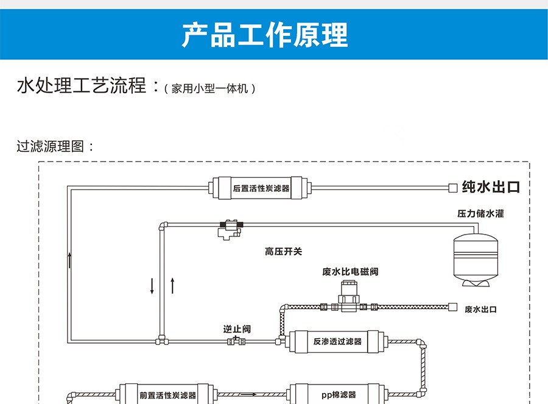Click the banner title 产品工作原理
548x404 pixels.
coord(265,35)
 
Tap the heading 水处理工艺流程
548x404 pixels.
coord(82,85)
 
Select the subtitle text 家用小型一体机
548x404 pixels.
coord(210,88)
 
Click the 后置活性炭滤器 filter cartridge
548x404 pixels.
coord(261,188)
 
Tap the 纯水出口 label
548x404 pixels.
coord(491,186)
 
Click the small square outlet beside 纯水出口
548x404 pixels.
coord(452,188)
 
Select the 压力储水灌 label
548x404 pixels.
coord(480,214)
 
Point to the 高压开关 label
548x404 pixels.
coord(283,251)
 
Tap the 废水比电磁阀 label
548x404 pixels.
coord(350,271)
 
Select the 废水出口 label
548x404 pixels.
coord(480,310)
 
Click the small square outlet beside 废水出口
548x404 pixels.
coord(452,306)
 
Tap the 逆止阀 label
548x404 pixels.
coord(236,329)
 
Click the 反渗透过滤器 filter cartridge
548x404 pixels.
coord(337,341)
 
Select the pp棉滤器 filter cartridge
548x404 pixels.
coord(337,394)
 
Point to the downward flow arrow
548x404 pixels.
coord(152,286)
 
